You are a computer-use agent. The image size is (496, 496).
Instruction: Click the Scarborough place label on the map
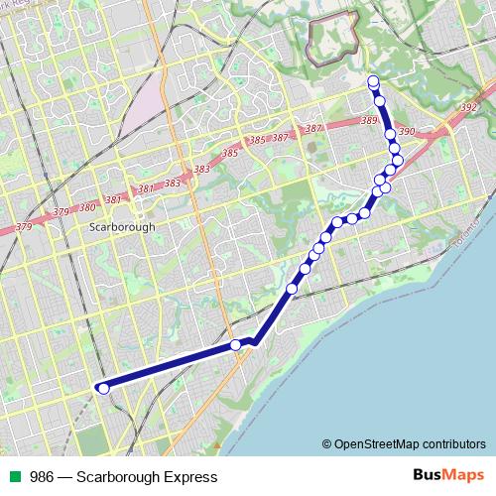click(122, 226)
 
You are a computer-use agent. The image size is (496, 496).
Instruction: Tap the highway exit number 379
click(25, 227)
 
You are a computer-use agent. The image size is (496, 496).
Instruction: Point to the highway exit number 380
click(87, 207)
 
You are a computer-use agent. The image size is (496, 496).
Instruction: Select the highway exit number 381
click(113, 199)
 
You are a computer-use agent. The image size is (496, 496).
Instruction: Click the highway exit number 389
click(370, 121)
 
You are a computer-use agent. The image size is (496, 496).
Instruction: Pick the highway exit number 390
click(406, 131)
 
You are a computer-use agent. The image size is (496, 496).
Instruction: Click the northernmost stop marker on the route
click(373, 81)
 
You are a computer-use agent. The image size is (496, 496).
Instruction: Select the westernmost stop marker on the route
click(102, 389)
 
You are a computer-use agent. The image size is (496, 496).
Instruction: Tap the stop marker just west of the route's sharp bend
click(236, 345)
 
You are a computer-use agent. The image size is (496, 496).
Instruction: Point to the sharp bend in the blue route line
click(255, 342)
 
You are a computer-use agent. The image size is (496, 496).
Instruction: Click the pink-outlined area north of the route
click(331, 40)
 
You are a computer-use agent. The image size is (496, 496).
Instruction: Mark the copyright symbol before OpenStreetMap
click(327, 443)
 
